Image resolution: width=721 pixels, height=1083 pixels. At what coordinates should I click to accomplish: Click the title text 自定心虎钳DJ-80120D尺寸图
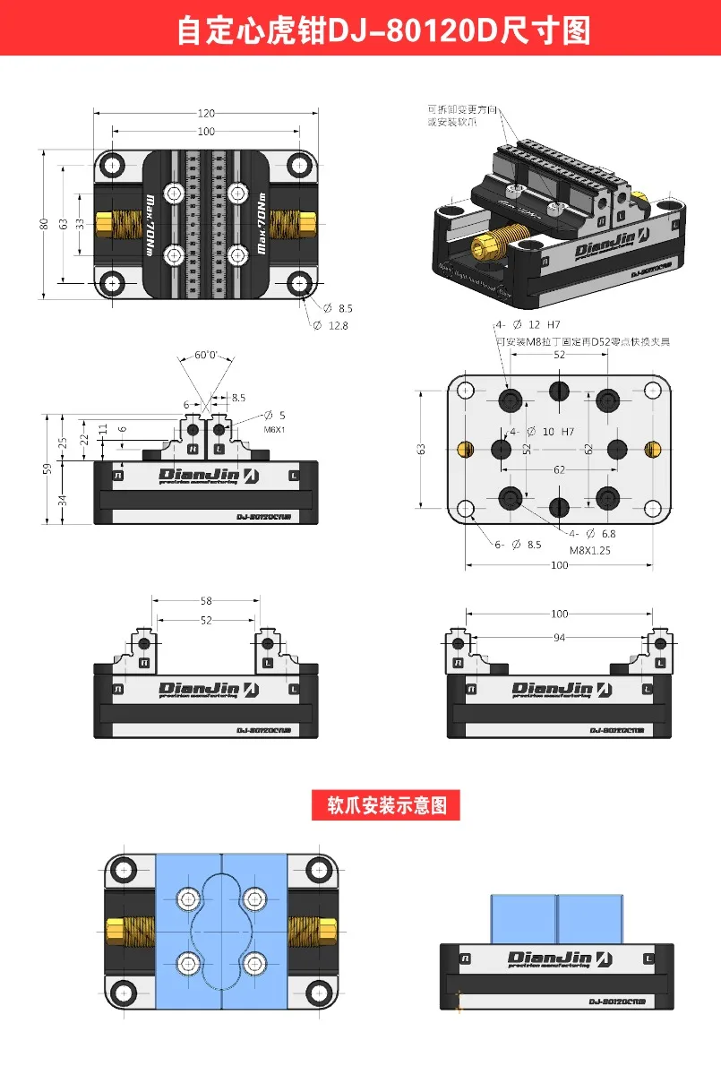(383, 30)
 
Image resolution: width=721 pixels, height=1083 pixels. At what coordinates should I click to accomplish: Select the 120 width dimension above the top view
(206, 114)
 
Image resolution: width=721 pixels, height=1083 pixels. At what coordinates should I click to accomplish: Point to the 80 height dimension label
(44, 224)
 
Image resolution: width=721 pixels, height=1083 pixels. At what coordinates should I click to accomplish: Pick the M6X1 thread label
(274, 429)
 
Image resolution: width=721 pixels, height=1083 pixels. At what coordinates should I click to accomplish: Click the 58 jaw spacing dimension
(206, 601)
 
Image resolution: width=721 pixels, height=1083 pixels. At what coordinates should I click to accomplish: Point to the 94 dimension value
(560, 637)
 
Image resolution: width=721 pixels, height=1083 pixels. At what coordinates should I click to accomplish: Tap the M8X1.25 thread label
(589, 551)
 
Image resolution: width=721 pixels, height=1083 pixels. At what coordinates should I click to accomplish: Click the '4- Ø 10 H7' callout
(542, 431)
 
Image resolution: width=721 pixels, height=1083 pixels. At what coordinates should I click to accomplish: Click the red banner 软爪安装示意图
(385, 804)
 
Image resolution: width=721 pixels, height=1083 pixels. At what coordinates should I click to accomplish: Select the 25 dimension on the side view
(63, 443)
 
